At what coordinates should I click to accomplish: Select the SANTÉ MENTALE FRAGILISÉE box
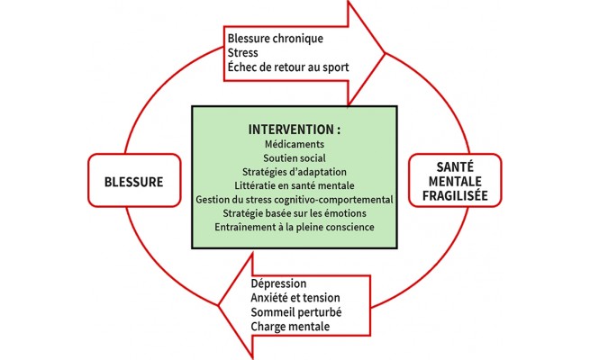point(454,181)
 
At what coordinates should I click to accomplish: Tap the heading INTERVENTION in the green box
point(294,130)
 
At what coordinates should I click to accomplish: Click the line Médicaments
point(294,144)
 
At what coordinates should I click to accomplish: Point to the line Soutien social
point(294,157)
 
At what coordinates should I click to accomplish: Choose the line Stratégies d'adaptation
point(294,172)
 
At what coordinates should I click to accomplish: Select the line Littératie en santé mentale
point(294,185)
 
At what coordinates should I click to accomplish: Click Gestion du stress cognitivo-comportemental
point(294,199)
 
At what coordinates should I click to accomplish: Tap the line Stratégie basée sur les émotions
point(294,213)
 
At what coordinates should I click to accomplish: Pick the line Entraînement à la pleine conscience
point(294,228)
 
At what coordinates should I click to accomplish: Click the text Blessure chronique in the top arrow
point(275,40)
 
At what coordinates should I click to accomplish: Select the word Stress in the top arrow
point(243,54)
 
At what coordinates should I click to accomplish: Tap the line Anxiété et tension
point(295,297)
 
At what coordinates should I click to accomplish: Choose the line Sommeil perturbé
point(295,311)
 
